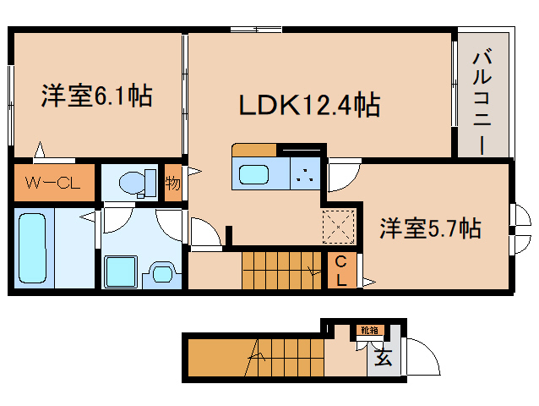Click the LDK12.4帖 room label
tap(308, 106)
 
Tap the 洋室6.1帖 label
tap(96, 96)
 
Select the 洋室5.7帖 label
tap(430, 228)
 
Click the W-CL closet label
tap(52, 182)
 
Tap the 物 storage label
tap(172, 183)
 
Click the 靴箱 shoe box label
tap(369, 330)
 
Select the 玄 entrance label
tap(383, 358)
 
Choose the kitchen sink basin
tap(254, 175)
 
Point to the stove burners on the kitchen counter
tap(303, 176)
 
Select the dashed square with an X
tap(340, 227)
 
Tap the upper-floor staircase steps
tap(282, 270)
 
